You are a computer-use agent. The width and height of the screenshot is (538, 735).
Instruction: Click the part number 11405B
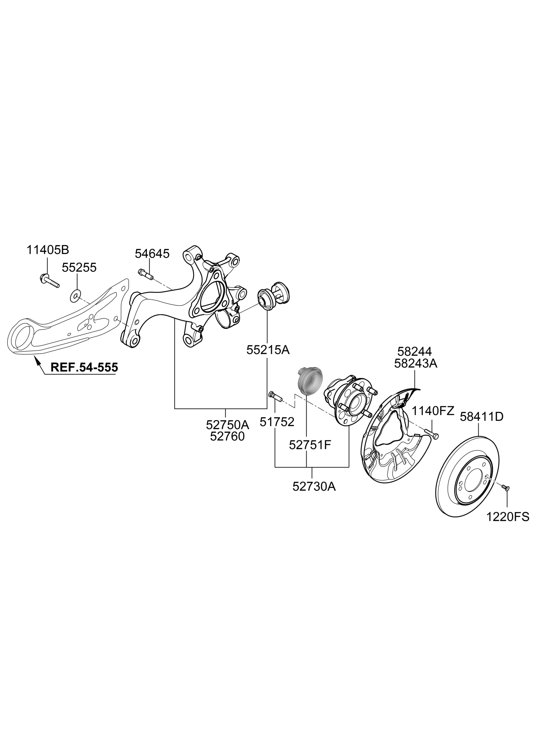[x=47, y=250]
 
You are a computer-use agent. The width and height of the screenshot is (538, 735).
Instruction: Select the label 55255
[x=79, y=268]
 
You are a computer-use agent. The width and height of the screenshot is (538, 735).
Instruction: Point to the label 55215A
[x=268, y=350]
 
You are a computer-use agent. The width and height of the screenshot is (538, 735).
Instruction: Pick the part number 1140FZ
[x=433, y=411]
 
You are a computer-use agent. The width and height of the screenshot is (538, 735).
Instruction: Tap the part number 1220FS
[x=508, y=517]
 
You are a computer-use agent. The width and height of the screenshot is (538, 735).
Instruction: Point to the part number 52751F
[x=310, y=445]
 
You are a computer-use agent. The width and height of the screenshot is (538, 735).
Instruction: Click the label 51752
[x=277, y=422]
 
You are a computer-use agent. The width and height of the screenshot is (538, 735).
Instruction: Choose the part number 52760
[x=227, y=436]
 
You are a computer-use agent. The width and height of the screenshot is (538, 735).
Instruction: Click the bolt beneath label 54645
[x=146, y=273]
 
